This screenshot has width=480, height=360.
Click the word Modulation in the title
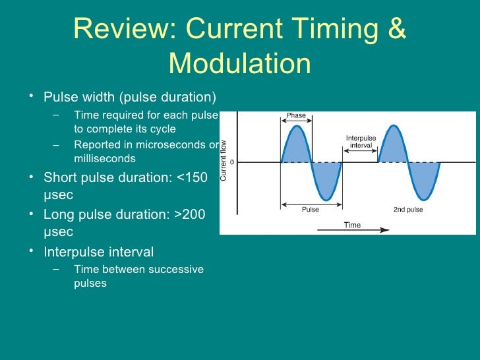tap(239, 64)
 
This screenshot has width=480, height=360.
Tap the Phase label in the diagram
tap(296, 115)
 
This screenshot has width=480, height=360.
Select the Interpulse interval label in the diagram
tap(361, 141)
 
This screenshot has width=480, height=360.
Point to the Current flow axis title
tap(224, 160)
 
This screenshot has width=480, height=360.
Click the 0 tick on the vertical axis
tap(231, 162)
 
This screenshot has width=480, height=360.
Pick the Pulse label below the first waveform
tap(311, 210)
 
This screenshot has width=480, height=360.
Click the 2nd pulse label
tap(408, 210)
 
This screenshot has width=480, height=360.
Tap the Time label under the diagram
tap(352, 225)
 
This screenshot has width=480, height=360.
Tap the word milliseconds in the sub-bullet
tap(105, 158)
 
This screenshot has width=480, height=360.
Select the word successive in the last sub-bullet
tap(175, 269)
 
